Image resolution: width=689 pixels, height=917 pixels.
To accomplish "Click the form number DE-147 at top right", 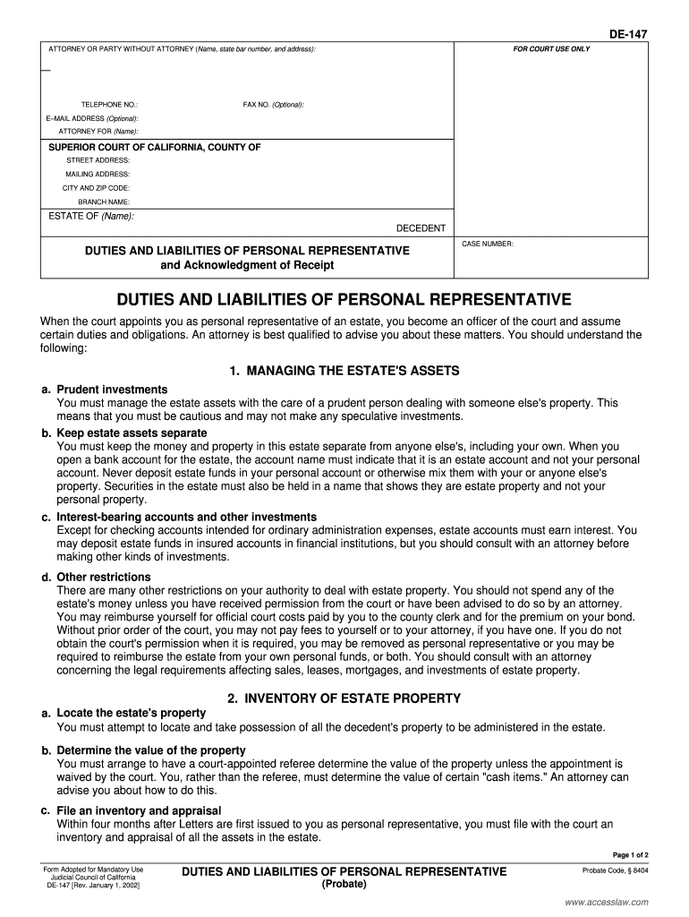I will (x=628, y=34).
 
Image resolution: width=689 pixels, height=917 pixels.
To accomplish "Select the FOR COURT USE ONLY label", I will (x=551, y=48).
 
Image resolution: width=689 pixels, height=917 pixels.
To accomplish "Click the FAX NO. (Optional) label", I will (x=273, y=105).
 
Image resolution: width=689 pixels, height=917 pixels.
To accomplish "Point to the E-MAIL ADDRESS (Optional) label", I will (x=92, y=118).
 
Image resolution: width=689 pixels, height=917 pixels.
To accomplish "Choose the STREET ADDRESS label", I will (x=98, y=160).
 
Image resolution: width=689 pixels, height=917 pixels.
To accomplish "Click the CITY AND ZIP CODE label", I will (x=96, y=188).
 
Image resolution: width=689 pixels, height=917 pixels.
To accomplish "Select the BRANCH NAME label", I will (x=104, y=202).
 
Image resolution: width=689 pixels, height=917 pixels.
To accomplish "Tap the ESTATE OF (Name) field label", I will (x=90, y=216).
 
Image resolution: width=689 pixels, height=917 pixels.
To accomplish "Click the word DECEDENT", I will (x=421, y=228).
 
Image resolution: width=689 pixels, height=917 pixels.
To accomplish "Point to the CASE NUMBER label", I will (x=487, y=244).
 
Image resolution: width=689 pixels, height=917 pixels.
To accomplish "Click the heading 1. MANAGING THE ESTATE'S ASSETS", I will (x=344, y=371).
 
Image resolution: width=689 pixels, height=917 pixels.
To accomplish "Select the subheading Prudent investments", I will (x=112, y=390).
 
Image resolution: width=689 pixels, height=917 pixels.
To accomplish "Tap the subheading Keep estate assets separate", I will (x=132, y=433).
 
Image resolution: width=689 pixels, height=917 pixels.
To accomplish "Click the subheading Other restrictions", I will (x=104, y=577).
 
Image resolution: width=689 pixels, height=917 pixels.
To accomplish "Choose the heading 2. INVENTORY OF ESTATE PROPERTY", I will (x=344, y=698).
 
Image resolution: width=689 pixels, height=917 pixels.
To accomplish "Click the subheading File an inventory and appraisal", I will (x=139, y=810).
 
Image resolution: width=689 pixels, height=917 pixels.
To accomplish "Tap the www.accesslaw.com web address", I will (x=607, y=902).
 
